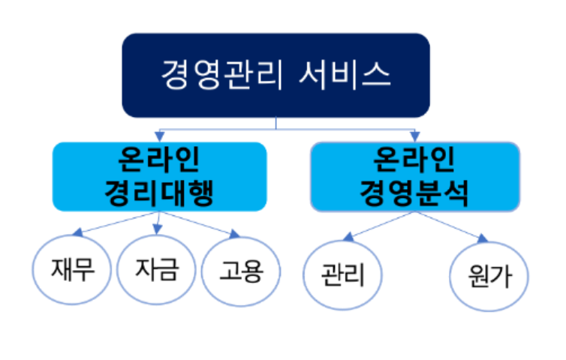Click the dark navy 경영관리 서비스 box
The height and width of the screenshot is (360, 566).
coord(275,75)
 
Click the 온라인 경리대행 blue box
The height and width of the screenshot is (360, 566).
coord(159,176)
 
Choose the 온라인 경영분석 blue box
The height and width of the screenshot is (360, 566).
coord(414,176)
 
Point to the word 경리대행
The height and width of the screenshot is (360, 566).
coord(159,193)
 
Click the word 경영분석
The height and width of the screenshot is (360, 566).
coord(414,193)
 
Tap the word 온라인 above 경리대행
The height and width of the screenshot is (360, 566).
coord(159,160)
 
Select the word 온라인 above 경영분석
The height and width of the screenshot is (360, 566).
coord(414,160)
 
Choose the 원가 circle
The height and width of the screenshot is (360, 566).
coord(489,274)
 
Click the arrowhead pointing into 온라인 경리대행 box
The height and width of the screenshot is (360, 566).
coord(159,136)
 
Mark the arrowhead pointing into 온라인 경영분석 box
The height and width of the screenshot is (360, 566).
coord(414,136)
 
